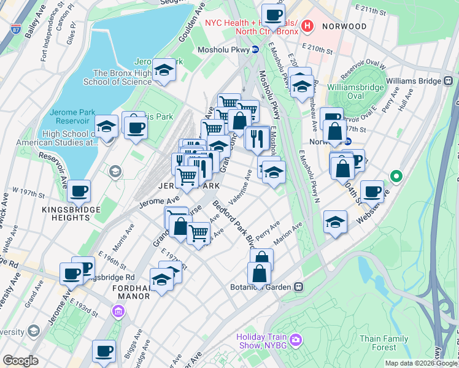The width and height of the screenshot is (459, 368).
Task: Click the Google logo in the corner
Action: [20, 361]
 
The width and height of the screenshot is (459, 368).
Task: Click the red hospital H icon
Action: [308, 26]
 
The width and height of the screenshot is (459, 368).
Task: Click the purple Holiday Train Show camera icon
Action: [296, 339]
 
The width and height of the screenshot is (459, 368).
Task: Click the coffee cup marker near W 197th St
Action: [79, 190]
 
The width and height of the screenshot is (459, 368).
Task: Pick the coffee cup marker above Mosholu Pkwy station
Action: [273, 14]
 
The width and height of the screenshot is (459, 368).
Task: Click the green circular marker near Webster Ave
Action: [396, 178]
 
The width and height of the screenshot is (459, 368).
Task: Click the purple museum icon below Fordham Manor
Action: [117, 312]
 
